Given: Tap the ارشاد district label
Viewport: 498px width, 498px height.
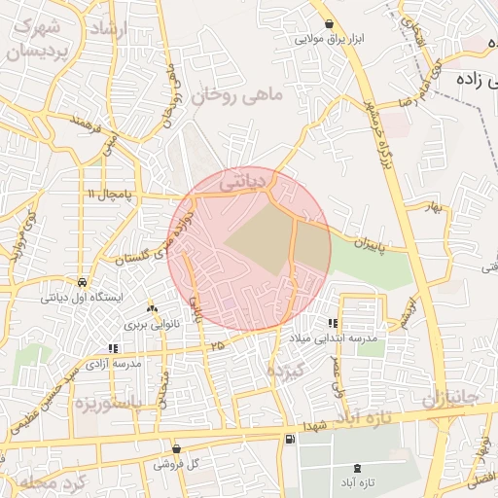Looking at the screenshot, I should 108,29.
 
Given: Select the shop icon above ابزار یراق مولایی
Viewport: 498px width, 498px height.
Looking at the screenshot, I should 331,23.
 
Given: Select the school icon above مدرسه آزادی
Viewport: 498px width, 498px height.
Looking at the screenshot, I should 114,347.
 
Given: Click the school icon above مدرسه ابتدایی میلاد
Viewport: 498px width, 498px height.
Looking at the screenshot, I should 334,322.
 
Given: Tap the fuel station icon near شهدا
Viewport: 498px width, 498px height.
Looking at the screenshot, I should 290,440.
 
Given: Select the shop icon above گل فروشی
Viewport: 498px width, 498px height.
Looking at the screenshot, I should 175,448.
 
